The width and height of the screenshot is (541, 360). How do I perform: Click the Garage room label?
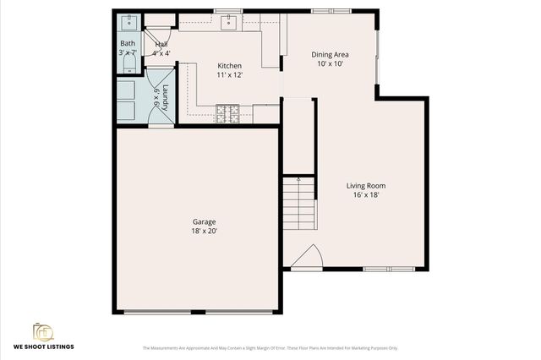[204, 221]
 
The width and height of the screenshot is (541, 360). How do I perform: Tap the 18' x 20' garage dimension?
[204, 231]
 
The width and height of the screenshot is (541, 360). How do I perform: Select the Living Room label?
[365, 186]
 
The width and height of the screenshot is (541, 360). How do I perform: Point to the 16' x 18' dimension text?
[365, 195]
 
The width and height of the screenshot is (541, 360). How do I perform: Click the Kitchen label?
[229, 66]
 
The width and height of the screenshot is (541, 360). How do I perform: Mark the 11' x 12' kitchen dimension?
[229, 75]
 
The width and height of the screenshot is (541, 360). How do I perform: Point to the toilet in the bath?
[128, 63]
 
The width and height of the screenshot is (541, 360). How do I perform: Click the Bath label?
[128, 43]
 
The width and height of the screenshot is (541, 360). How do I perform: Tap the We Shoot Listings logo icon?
[42, 330]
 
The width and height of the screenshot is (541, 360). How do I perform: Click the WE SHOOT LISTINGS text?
[43, 346]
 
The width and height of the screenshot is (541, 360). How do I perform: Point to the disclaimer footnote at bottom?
[270, 348]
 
